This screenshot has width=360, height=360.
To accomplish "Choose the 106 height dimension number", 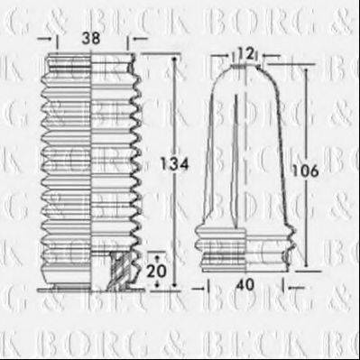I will click(x=307, y=170).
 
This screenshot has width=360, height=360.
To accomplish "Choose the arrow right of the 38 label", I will click(x=134, y=41).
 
